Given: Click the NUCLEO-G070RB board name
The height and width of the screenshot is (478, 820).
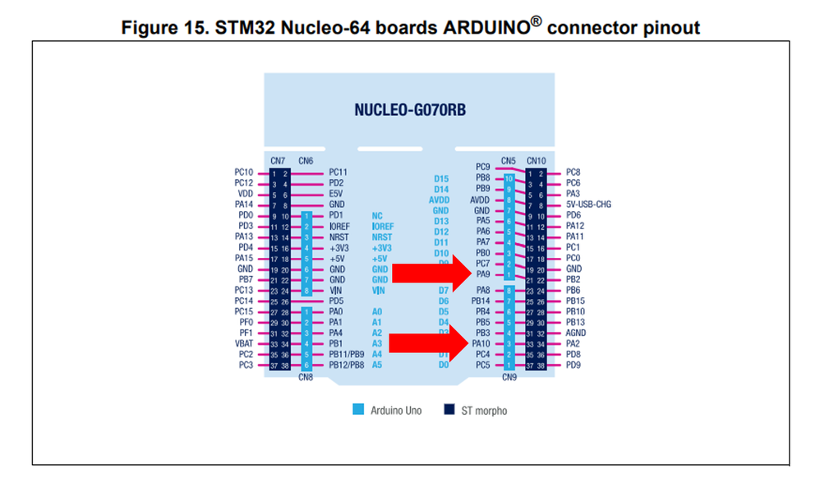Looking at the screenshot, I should point(411,110).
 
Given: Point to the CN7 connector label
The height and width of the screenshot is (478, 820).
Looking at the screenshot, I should point(277,160).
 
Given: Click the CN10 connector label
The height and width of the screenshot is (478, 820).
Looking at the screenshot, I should point(536,160).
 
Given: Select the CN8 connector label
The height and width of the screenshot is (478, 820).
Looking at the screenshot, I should point(306,377).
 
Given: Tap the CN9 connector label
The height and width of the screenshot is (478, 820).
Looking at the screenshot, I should point(509,377).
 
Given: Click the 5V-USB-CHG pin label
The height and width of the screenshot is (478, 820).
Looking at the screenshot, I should point(588,205).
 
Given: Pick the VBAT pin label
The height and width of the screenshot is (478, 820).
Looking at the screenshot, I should point(243,344).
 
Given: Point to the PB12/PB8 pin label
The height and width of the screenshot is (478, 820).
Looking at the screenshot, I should point(346,365).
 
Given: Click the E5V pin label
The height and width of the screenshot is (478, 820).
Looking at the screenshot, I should point(336,194).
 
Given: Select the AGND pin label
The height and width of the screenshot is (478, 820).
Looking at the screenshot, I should point(575,333).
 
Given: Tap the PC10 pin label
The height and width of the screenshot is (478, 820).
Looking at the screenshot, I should point(243,172).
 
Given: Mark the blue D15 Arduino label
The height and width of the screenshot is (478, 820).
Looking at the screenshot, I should point(441,178).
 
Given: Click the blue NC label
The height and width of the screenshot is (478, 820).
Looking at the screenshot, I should point(377,215).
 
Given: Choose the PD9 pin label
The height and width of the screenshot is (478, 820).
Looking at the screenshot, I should point(574,365).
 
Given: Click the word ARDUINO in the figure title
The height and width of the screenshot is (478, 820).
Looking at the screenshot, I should point(485,28).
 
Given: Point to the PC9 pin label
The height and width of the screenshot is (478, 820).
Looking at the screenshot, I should point(483,167).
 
